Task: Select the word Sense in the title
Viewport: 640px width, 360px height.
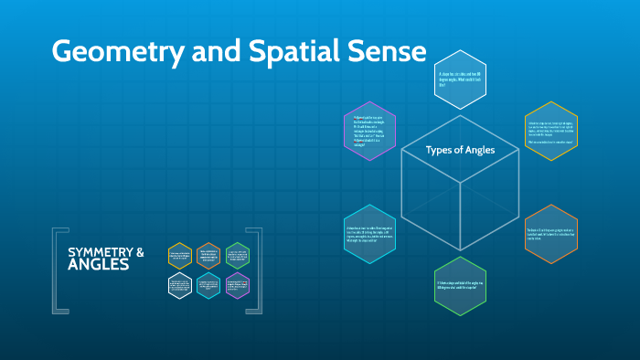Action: click(385, 52)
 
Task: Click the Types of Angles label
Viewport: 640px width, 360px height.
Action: click(460, 149)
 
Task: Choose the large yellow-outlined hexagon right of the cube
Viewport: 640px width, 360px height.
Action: click(550, 131)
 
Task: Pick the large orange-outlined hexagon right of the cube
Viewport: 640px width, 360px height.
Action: click(550, 233)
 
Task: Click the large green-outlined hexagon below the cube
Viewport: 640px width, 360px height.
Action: click(460, 286)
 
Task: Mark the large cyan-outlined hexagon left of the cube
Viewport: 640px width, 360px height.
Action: click(370, 233)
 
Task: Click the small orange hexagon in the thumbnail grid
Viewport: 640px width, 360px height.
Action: click(208, 256)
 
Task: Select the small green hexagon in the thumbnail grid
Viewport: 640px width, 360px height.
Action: click(237, 256)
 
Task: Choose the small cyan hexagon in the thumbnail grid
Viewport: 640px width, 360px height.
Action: click(208, 285)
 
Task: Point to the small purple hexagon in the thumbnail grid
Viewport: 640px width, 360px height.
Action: click(237, 285)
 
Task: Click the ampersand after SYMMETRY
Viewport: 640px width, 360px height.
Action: click(140, 251)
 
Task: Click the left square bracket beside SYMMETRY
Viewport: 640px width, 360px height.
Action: click(58, 270)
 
